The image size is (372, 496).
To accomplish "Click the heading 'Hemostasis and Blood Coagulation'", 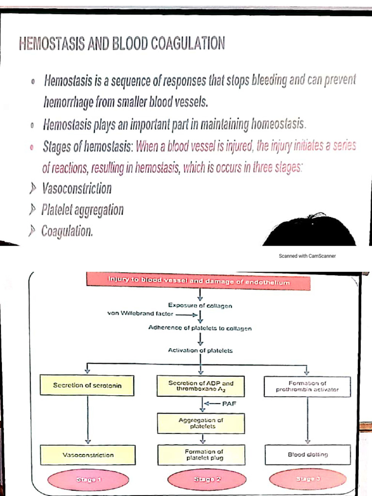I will click(122, 45).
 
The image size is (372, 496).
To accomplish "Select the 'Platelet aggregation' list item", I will click(82, 210).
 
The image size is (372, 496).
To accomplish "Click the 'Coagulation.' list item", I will click(67, 232).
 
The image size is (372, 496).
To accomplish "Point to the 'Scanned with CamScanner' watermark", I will click(307, 256).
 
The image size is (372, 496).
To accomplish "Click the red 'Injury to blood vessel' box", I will click(199, 281).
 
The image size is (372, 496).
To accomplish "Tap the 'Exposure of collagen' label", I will click(200, 305).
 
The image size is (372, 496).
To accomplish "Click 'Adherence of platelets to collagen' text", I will click(200, 328).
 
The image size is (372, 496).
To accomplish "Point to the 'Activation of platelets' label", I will click(200, 350).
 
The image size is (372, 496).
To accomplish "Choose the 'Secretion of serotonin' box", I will click(87, 386).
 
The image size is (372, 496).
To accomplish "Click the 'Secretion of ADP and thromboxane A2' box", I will click(201, 386).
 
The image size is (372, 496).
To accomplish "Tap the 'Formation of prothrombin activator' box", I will click(308, 386).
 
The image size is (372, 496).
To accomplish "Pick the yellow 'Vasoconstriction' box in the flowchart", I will click(88, 455).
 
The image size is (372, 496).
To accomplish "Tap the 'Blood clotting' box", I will click(308, 454).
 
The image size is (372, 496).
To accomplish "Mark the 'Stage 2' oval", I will click(204, 480).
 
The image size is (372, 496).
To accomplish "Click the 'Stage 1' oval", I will click(88, 480).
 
